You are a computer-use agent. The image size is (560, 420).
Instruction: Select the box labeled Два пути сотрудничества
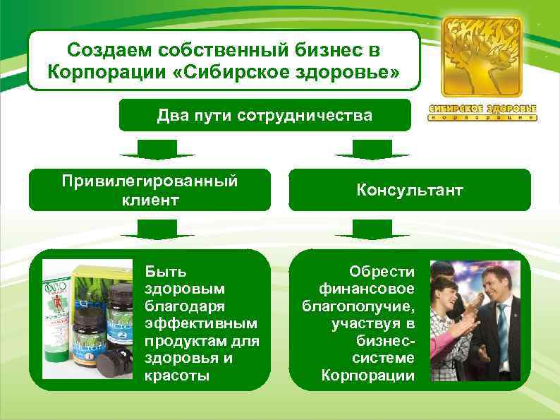(264, 114)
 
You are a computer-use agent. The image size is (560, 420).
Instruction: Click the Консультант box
(410, 190)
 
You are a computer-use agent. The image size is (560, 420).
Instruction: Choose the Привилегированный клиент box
(149, 190)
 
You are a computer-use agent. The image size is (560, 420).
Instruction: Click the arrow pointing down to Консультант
(372, 149)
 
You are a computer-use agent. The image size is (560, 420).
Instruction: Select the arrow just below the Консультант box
(372, 229)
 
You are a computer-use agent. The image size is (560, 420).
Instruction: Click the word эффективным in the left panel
(202, 323)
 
